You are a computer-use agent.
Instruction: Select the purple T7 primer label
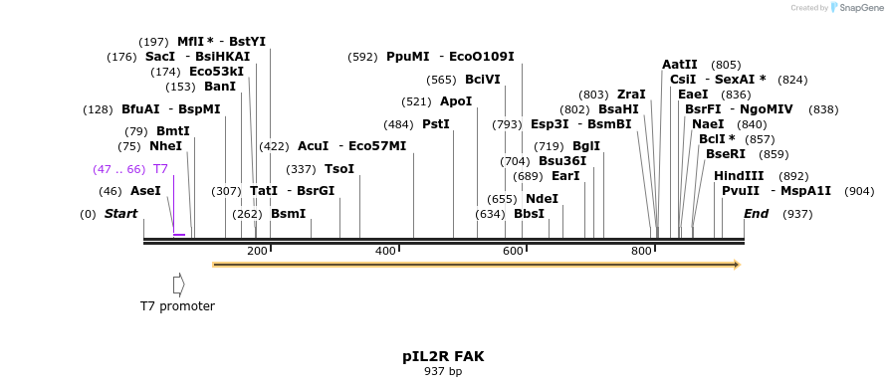click(160, 169)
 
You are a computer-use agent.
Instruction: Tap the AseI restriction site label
click(145, 191)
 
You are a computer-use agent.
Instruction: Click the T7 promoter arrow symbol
click(178, 285)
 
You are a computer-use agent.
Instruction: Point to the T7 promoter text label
click(177, 306)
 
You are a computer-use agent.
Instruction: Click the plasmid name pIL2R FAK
click(443, 355)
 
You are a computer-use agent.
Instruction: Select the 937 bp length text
click(443, 372)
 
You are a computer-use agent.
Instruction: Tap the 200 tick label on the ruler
click(257, 251)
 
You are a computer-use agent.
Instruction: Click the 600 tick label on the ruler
click(514, 251)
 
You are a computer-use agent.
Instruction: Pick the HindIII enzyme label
click(739, 176)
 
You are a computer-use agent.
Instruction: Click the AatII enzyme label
click(680, 65)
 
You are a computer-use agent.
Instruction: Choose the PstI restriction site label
click(436, 124)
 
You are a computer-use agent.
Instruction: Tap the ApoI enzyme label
click(456, 101)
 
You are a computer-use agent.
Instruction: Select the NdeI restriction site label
click(542, 199)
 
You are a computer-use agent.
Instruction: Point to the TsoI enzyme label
click(339, 169)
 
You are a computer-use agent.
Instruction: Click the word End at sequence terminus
click(756, 214)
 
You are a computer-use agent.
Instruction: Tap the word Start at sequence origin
click(120, 214)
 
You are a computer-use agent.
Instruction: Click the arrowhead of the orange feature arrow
click(737, 265)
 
